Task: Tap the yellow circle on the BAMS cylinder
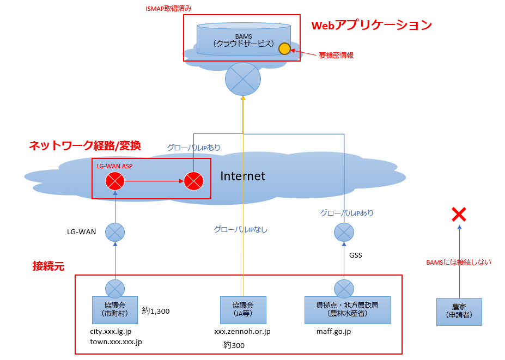click(284, 49)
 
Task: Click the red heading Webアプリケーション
click(371, 25)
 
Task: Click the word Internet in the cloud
click(242, 176)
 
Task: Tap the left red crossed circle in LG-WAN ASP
click(115, 181)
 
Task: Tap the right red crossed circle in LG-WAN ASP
click(193, 181)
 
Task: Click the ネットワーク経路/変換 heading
click(84, 145)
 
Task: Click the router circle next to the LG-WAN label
click(115, 233)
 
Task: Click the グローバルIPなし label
click(240, 229)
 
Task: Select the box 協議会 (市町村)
click(114, 309)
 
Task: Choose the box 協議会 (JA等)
click(243, 309)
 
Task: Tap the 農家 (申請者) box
click(459, 311)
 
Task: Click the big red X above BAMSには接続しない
click(459, 215)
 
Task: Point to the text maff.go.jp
click(333, 331)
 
